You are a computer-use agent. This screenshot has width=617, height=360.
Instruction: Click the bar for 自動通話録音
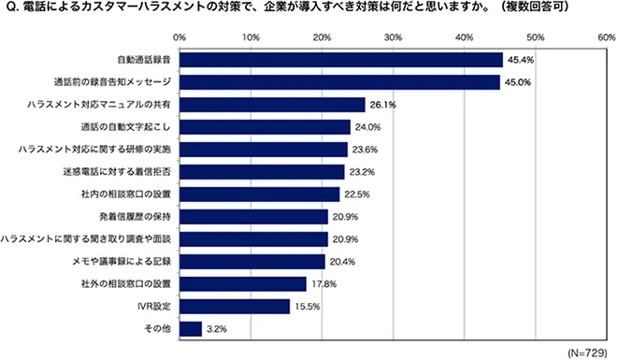pos(340,60)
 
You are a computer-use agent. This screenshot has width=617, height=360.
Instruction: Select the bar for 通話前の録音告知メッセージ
pos(338,82)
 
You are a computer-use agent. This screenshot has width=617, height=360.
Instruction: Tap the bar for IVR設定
pos(234,306)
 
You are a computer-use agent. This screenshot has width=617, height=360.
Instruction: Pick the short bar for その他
pos(190,328)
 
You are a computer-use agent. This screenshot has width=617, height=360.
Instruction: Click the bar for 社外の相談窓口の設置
pos(242,283)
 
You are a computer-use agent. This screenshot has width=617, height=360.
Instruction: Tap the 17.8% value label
pos(323,284)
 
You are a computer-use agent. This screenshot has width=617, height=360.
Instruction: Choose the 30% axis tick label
pos(393,37)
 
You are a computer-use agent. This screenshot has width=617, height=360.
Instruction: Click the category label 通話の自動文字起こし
pos(128,127)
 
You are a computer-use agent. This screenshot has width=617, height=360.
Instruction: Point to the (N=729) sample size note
pos(586,351)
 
